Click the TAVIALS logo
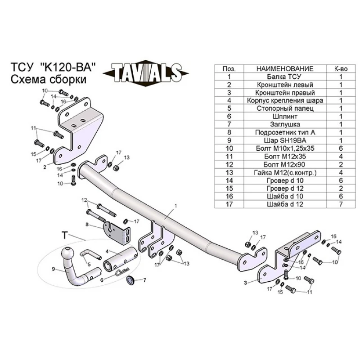click(x=142, y=72)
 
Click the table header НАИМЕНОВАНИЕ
click(x=284, y=69)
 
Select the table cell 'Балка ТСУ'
click(x=284, y=76)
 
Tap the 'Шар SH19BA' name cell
click(x=284, y=140)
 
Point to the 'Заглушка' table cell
click(x=284, y=124)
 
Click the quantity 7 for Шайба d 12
click(x=341, y=204)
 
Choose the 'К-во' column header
click(x=341, y=69)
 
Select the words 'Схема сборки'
click(x=48, y=79)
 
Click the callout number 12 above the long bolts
click(x=84, y=199)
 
